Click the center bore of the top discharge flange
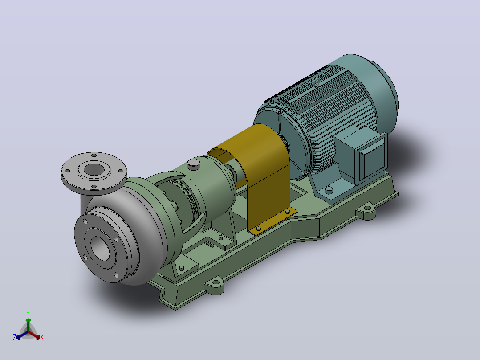tap(94, 169)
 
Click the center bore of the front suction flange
tap(100, 249)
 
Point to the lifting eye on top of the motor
tap(317, 83)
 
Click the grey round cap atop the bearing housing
tap(193, 164)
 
